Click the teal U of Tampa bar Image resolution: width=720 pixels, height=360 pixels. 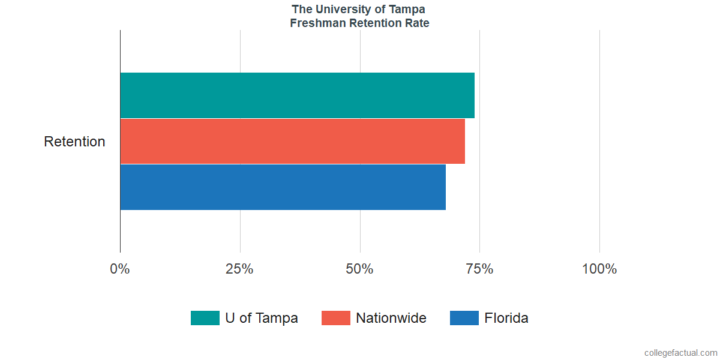(x=297, y=95)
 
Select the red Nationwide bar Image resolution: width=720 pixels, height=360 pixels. (x=292, y=141)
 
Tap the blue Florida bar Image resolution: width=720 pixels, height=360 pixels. (x=283, y=187)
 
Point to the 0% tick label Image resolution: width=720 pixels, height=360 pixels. (x=120, y=269)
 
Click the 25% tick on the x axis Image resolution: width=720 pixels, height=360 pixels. (x=239, y=269)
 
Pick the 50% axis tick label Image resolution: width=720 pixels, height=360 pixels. (x=359, y=269)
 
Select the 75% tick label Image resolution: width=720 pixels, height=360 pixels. (x=479, y=269)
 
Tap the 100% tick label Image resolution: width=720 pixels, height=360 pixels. (x=599, y=269)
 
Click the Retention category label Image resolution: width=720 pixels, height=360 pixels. (x=74, y=142)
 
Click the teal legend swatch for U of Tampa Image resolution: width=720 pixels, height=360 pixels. (x=205, y=318)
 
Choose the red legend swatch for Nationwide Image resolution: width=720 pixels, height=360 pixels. (x=335, y=318)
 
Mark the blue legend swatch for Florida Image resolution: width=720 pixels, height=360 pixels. (x=464, y=318)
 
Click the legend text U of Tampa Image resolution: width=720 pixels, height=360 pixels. (x=262, y=318)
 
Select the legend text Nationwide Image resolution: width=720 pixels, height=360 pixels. (x=391, y=318)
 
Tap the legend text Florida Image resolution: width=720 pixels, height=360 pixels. (x=506, y=318)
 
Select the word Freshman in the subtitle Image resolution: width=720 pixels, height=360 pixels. (x=316, y=23)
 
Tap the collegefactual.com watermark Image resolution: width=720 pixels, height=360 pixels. (x=680, y=353)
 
